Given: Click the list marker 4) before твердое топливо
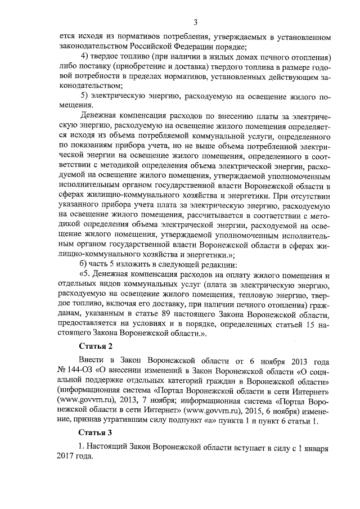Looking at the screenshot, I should coord(86,58).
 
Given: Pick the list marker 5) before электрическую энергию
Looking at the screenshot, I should coord(86,96).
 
